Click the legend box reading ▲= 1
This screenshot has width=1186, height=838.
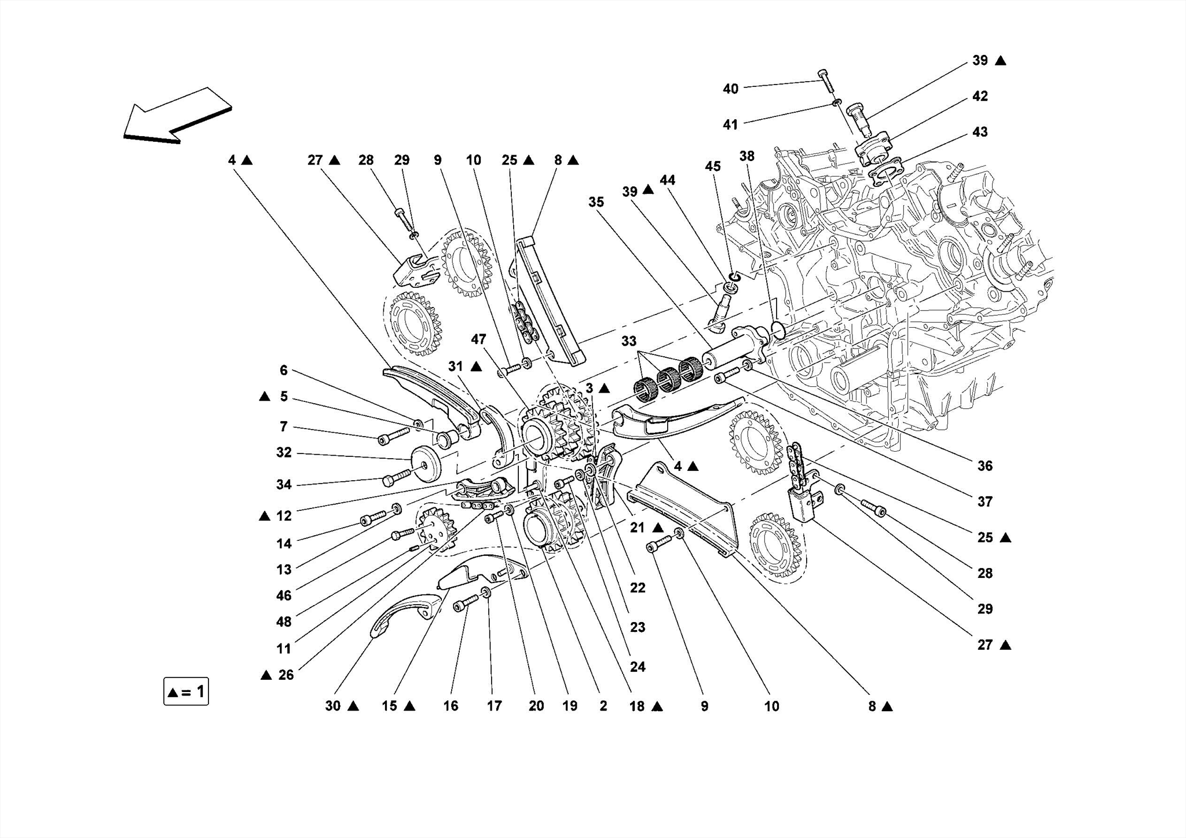click(x=186, y=691)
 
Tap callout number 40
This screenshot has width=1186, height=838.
click(x=730, y=89)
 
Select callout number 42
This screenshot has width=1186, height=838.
click(x=980, y=96)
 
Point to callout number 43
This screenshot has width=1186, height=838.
click(x=980, y=132)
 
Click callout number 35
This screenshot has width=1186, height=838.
click(x=596, y=202)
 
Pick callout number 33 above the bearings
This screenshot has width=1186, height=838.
click(x=629, y=342)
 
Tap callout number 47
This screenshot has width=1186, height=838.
click(x=478, y=339)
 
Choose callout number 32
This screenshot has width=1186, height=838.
click(x=284, y=452)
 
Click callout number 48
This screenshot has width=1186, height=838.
click(x=284, y=621)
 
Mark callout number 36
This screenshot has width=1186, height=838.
click(x=984, y=466)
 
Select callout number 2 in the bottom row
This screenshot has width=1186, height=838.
click(x=603, y=706)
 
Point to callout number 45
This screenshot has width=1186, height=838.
click(x=712, y=167)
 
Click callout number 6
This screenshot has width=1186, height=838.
click(x=284, y=370)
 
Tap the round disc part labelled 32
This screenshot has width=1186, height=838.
click(x=426, y=466)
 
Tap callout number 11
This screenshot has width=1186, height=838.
click(x=284, y=649)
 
